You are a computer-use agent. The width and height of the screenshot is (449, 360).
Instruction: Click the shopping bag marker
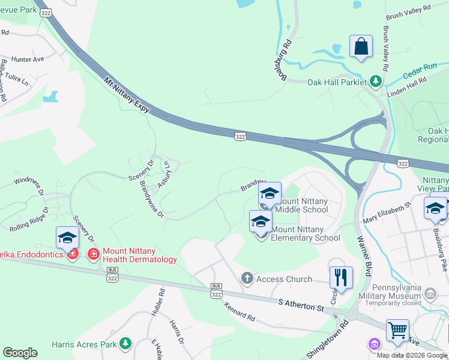361,47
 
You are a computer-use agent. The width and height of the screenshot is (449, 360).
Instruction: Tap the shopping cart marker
397,330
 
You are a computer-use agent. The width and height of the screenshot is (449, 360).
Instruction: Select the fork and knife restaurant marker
340,277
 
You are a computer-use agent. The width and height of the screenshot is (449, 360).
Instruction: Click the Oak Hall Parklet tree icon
376,80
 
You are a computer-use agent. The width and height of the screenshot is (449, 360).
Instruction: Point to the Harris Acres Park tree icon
125,343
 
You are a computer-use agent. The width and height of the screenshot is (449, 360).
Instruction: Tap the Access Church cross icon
246,278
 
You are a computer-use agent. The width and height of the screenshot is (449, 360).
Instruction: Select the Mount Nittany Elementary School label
306,233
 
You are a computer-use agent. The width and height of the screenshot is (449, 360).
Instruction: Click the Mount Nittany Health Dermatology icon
93,254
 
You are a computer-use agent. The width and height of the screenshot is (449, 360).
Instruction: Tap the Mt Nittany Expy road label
127,94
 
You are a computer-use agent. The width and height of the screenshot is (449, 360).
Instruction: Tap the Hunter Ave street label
28,59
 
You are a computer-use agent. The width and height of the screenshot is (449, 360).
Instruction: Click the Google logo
20,353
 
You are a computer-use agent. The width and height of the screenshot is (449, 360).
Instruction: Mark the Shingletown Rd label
328,342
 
